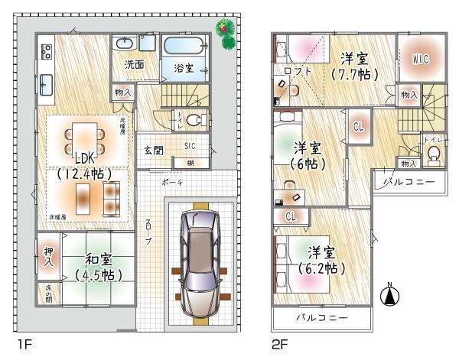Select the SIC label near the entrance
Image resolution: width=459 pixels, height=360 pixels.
click(x=189, y=144)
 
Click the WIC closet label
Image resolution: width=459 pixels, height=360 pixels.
click(x=418, y=57)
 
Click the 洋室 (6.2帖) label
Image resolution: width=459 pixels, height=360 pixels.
click(x=321, y=259)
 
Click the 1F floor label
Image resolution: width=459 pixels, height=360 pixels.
click(x=23, y=345)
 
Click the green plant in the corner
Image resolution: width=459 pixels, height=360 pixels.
click(x=226, y=33)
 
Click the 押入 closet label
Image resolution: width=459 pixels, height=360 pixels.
click(x=47, y=256)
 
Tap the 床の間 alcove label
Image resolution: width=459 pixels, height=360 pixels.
click(x=47, y=293)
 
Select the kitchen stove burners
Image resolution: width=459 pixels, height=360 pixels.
click(x=45, y=52)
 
